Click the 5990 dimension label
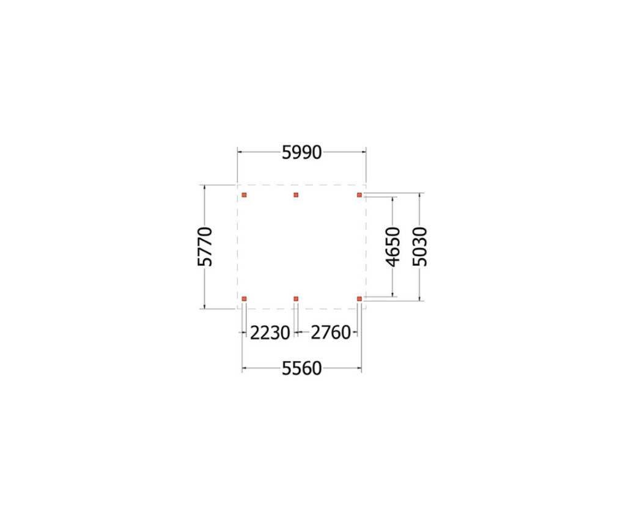point(302,152)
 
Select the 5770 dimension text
point(205,246)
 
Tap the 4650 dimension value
point(393,246)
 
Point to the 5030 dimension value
point(420,246)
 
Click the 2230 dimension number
point(270,333)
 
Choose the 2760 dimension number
point(331,333)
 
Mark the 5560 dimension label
point(302,369)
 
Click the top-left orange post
point(245,195)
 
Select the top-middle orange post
point(296,195)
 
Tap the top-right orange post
point(359,195)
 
